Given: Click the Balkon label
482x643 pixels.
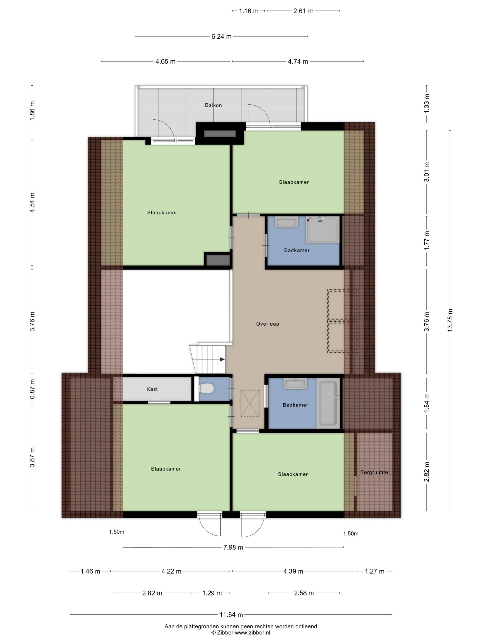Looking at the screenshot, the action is click(213, 105).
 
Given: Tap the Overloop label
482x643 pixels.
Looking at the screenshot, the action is click(267, 324).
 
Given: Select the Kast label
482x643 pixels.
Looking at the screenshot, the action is click(152, 389).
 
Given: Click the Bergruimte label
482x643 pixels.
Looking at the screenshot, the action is click(374, 472).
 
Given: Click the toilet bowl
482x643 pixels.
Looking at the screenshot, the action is click(206, 388).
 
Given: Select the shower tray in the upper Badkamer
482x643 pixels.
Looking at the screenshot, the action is click(322, 230).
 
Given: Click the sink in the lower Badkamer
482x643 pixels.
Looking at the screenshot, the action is click(295, 384).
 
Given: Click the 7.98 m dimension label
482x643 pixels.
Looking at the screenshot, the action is click(233, 548).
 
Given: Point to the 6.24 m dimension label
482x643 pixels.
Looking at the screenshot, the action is click(221, 37).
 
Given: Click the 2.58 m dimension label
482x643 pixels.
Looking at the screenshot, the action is click(304, 593).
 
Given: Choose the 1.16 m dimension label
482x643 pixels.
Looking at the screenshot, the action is click(249, 11).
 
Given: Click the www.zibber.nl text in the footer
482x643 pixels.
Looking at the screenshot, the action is click(252, 632).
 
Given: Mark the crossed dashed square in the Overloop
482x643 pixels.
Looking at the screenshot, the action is click(250, 403).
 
